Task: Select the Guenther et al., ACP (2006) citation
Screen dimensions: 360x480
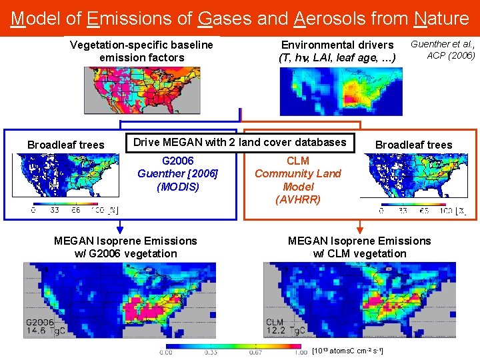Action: [443, 50]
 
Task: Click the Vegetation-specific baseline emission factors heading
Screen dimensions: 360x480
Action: [141, 51]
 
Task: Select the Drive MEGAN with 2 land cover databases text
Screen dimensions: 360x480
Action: [239, 142]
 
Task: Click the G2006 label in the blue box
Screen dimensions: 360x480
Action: [178, 161]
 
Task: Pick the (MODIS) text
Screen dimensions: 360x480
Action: [178, 187]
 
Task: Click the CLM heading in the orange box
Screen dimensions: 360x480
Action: [297, 161]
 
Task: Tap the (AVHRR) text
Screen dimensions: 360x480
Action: [297, 199]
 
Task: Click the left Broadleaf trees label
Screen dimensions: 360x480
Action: [65, 145]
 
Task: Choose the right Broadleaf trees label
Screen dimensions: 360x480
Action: [413, 145]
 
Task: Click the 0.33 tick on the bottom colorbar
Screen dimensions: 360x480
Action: [211, 353]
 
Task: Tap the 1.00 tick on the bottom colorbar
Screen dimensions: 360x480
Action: [300, 353]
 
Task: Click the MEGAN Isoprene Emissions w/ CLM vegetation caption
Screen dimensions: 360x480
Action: [359, 247]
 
